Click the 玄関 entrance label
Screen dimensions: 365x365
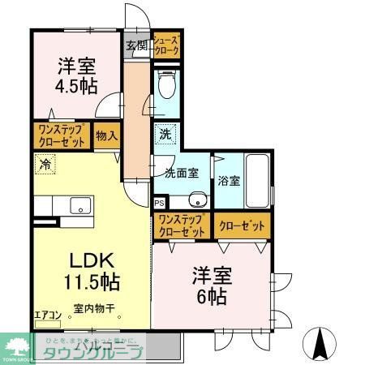pyautogui.click(x=135, y=46)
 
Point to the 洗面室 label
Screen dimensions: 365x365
pyautogui.click(x=181, y=173)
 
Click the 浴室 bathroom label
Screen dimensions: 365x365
pyautogui.click(x=229, y=180)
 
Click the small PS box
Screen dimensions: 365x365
pyautogui.click(x=160, y=203)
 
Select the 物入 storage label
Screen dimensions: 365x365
pyautogui.click(x=105, y=136)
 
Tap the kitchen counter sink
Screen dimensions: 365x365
pyautogui.click(x=79, y=204)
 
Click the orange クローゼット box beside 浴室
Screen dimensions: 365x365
pyautogui.click(x=242, y=226)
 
